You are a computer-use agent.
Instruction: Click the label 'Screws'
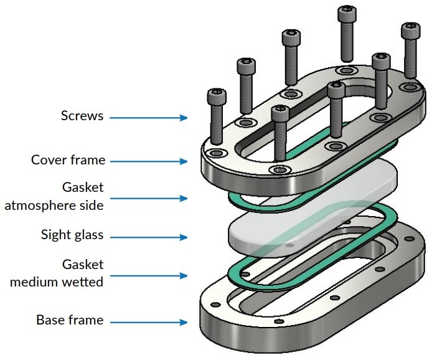[x=82, y=116]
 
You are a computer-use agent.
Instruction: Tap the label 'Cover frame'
[x=68, y=160]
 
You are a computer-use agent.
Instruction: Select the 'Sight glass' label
[x=72, y=235]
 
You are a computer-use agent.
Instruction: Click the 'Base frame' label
[x=70, y=321]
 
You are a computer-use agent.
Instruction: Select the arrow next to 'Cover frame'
[x=149, y=161]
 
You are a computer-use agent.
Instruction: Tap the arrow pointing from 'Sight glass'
[x=149, y=237]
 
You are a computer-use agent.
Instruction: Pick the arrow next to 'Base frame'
[x=149, y=322]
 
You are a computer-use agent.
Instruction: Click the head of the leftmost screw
[x=215, y=97]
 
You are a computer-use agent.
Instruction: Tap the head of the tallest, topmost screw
[x=347, y=12]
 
